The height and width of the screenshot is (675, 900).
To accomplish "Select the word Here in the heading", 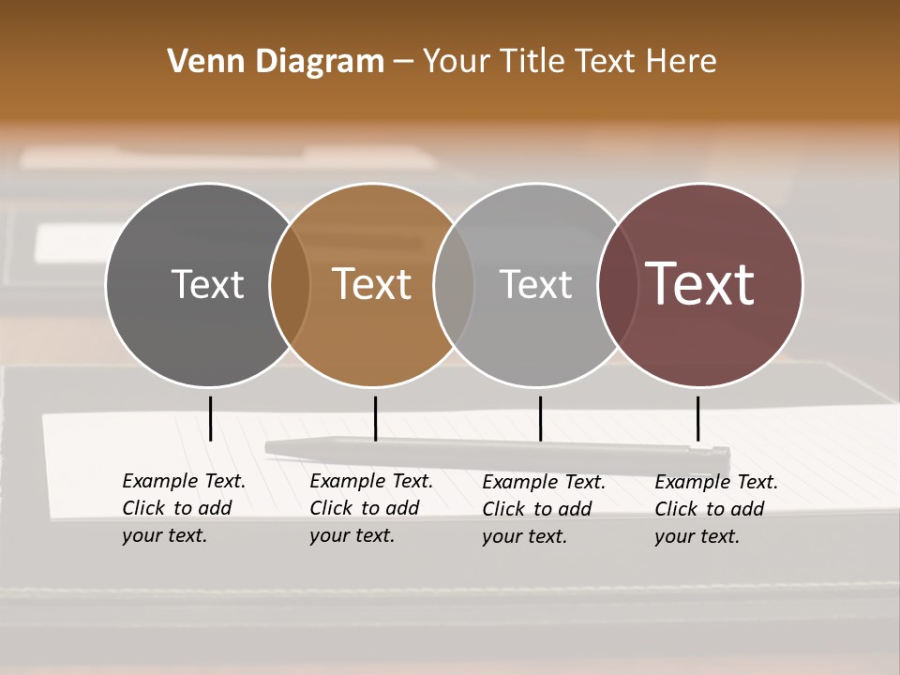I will pyautogui.click(x=682, y=62).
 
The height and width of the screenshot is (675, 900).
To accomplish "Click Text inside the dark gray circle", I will pyautogui.click(x=207, y=284).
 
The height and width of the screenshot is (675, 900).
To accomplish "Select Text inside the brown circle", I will pyautogui.click(x=372, y=284).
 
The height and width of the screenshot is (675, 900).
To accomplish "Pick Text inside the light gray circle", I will pyautogui.click(x=535, y=284).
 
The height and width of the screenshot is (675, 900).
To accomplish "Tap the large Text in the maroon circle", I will pyautogui.click(x=699, y=284).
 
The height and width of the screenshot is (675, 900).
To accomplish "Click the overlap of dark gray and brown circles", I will pyautogui.click(x=290, y=285).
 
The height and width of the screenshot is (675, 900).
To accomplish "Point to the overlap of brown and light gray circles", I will pyautogui.click(x=454, y=285).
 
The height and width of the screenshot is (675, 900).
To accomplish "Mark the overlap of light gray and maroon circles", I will pyautogui.click(x=618, y=285).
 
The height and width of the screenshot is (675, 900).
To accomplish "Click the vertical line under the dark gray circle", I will pyautogui.click(x=210, y=418).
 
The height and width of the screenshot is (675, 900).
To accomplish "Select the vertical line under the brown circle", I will pyautogui.click(x=375, y=418).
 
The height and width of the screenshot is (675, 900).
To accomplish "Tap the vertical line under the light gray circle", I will pyautogui.click(x=540, y=418).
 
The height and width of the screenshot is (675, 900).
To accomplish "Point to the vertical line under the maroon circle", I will pyautogui.click(x=697, y=418).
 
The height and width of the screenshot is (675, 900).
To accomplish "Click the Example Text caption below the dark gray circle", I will pyautogui.click(x=183, y=508).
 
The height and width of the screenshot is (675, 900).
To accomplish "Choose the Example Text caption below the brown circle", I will pyautogui.click(x=370, y=508).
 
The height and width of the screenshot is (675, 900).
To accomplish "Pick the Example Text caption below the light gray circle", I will pyautogui.click(x=543, y=509).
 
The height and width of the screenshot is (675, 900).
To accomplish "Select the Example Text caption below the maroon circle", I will pyautogui.click(x=715, y=509).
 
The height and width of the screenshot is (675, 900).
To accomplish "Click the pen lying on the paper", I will pyautogui.click(x=497, y=451).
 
